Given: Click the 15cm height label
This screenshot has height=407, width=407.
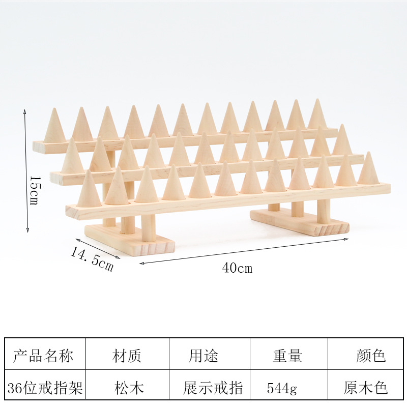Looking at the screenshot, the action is coord(34,191).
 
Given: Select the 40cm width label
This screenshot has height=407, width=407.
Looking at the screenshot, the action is coord(237,268).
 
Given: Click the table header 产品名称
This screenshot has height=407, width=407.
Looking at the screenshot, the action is coord(43,356).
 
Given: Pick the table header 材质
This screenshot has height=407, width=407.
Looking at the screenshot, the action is coord(127,356).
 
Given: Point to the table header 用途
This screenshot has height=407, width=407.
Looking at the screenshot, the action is coord(203,356).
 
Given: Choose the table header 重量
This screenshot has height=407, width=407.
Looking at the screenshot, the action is coord(287,356).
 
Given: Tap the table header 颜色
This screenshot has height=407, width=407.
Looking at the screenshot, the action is coord(371,356).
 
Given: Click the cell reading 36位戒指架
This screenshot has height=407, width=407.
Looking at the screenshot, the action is coord(43,389).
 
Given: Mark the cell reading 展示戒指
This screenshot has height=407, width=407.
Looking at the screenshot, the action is coord(213,389).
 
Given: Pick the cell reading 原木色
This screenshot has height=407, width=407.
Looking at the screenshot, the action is coord(366,389).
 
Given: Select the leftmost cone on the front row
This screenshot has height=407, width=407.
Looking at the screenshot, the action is coord(89,189).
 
